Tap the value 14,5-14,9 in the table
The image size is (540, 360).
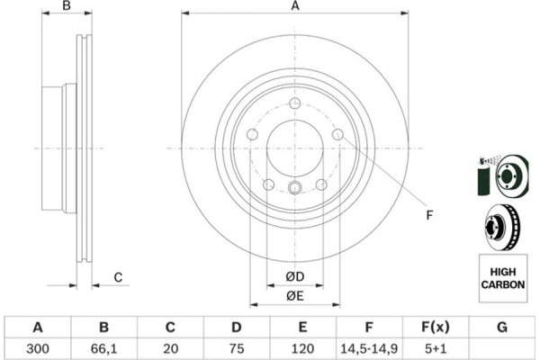coord(370,347)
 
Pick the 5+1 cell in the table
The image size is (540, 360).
coord(436,347)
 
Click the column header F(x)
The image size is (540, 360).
coord(436,327)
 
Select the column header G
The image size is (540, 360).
coord(502,327)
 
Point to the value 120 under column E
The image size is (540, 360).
coord(303,347)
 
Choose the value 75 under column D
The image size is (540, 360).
coord(237,347)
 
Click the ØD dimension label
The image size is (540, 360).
coord(294,275)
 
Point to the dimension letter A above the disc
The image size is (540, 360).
coord(294,7)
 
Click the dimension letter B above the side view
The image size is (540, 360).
coord(65,7)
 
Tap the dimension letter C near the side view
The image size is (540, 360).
coord(118,277)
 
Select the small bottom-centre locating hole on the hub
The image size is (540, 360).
coord(294,188)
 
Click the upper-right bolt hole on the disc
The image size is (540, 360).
coord(337,135)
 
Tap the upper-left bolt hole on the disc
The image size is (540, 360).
coord(252,135)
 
